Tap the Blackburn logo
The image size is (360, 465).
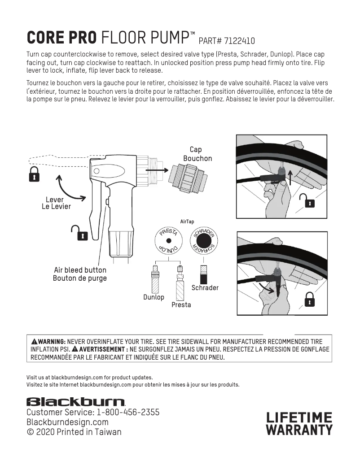point(76,401)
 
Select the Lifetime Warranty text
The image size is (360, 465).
point(299,424)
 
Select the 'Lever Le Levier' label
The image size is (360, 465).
point(56,203)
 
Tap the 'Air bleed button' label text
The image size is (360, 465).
point(80,270)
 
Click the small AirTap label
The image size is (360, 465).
point(187,222)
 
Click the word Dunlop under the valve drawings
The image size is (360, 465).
point(154,297)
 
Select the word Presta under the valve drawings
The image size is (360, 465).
point(181,305)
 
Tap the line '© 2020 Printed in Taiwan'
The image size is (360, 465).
point(74,432)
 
